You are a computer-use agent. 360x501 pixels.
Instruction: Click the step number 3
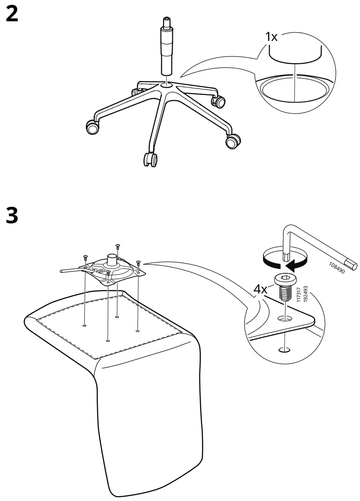point(12,216)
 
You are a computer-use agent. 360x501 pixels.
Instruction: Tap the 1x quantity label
point(271,37)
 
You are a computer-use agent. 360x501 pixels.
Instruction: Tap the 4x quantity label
point(260,289)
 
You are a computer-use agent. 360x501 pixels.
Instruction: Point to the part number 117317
point(299,295)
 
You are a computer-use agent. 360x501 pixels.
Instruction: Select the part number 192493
point(305,293)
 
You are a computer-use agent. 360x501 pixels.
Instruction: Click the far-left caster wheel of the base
point(92,126)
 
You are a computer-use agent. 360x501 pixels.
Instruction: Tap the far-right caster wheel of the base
point(232,141)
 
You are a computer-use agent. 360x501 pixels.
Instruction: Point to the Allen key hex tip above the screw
point(286,257)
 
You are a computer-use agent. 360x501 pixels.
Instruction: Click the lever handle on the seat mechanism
point(70,270)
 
